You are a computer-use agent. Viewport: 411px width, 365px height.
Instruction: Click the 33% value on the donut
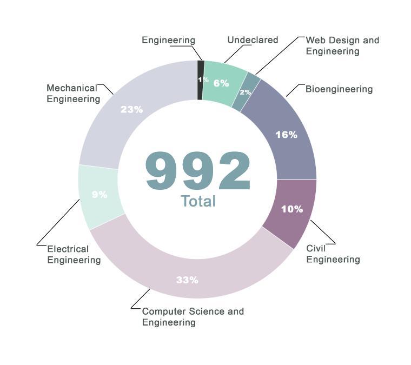[x=187, y=280]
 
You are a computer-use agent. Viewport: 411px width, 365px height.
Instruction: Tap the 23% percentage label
[x=131, y=109]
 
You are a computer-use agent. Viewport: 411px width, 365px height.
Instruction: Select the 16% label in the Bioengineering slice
[x=286, y=135]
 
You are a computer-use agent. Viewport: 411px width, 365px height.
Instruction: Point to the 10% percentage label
[x=291, y=209]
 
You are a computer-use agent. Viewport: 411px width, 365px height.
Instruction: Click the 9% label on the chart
[x=100, y=195]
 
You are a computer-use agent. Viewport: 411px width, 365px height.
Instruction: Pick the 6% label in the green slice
[x=221, y=83]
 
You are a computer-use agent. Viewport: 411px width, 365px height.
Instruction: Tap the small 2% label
[x=245, y=92]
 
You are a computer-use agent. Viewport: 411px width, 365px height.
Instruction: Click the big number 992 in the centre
[x=198, y=171]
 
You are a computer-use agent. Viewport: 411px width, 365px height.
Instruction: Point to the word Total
[x=198, y=201]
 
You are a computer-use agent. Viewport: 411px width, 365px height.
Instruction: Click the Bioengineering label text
[x=339, y=89]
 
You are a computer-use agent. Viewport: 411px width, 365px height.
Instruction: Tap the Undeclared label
[x=253, y=40]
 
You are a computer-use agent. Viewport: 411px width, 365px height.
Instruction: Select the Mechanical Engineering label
[x=73, y=94]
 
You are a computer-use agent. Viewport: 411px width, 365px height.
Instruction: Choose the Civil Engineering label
[x=333, y=254]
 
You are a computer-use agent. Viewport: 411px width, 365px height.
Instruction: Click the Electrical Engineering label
[x=74, y=255]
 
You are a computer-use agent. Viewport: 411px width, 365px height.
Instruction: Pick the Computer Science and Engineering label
[x=193, y=317]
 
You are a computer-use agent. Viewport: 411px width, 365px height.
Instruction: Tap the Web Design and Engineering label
[x=342, y=46]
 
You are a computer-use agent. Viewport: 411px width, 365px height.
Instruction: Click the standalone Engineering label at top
[x=168, y=41]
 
